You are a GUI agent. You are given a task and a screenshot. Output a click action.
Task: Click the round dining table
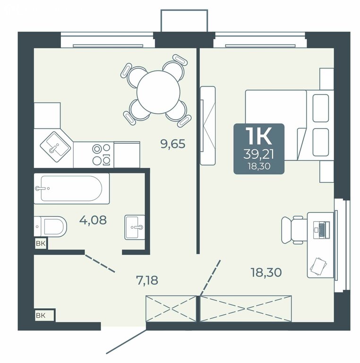(x=158, y=91)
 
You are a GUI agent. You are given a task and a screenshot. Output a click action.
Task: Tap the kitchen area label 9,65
(x=173, y=144)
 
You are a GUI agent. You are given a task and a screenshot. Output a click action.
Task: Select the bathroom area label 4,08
(x=93, y=220)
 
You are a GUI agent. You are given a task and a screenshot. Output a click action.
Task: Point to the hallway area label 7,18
(x=147, y=280)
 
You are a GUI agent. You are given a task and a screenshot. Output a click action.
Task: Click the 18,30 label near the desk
(x=266, y=272)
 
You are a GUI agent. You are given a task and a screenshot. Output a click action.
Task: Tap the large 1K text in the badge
(x=259, y=136)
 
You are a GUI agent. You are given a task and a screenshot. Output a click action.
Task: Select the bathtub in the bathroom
(x=72, y=189)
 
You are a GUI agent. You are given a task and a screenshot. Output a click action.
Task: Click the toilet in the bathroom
(x=51, y=226)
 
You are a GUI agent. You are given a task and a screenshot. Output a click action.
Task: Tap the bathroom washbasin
(x=135, y=227)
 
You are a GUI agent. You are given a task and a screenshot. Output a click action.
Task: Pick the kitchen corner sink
(x=56, y=147)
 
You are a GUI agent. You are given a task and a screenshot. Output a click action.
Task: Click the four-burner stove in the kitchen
(x=101, y=154)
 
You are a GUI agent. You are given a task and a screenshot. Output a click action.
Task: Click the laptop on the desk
(x=321, y=230)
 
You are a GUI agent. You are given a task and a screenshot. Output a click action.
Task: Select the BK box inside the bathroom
(x=41, y=243)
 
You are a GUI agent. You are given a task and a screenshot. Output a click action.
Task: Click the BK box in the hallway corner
(x=44, y=315)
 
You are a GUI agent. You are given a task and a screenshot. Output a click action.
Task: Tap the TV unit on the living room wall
(x=207, y=126)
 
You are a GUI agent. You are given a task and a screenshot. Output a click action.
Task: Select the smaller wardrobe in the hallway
(x=171, y=309)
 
